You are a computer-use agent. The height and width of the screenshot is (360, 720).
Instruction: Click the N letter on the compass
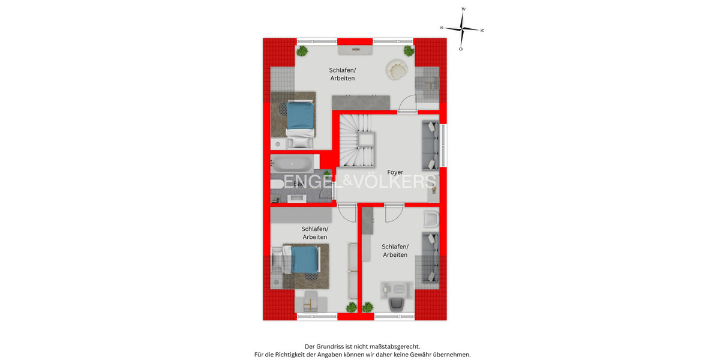[482, 30]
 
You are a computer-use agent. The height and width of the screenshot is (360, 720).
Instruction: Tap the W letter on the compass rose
[463, 10]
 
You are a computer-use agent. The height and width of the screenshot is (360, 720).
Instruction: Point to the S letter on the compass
[442, 28]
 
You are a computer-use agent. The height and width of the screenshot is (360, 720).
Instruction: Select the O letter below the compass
[461, 49]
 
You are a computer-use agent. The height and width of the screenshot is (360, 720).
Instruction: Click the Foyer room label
[395, 172]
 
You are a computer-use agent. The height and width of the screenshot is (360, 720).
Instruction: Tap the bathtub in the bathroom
[292, 163]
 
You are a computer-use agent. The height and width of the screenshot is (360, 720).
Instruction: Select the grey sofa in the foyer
[430, 146]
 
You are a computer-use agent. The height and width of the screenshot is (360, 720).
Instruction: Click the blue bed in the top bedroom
[299, 116]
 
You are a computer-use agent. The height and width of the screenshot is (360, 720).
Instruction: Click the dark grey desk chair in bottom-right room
[397, 304]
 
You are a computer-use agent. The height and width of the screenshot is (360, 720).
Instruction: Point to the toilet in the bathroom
[276, 184]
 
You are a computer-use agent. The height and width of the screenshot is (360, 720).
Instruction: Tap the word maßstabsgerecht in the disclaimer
[394, 347]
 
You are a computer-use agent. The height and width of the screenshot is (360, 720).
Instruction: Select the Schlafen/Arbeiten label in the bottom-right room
[395, 251]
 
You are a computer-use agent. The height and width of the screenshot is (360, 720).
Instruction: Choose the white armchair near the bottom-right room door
[431, 220]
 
